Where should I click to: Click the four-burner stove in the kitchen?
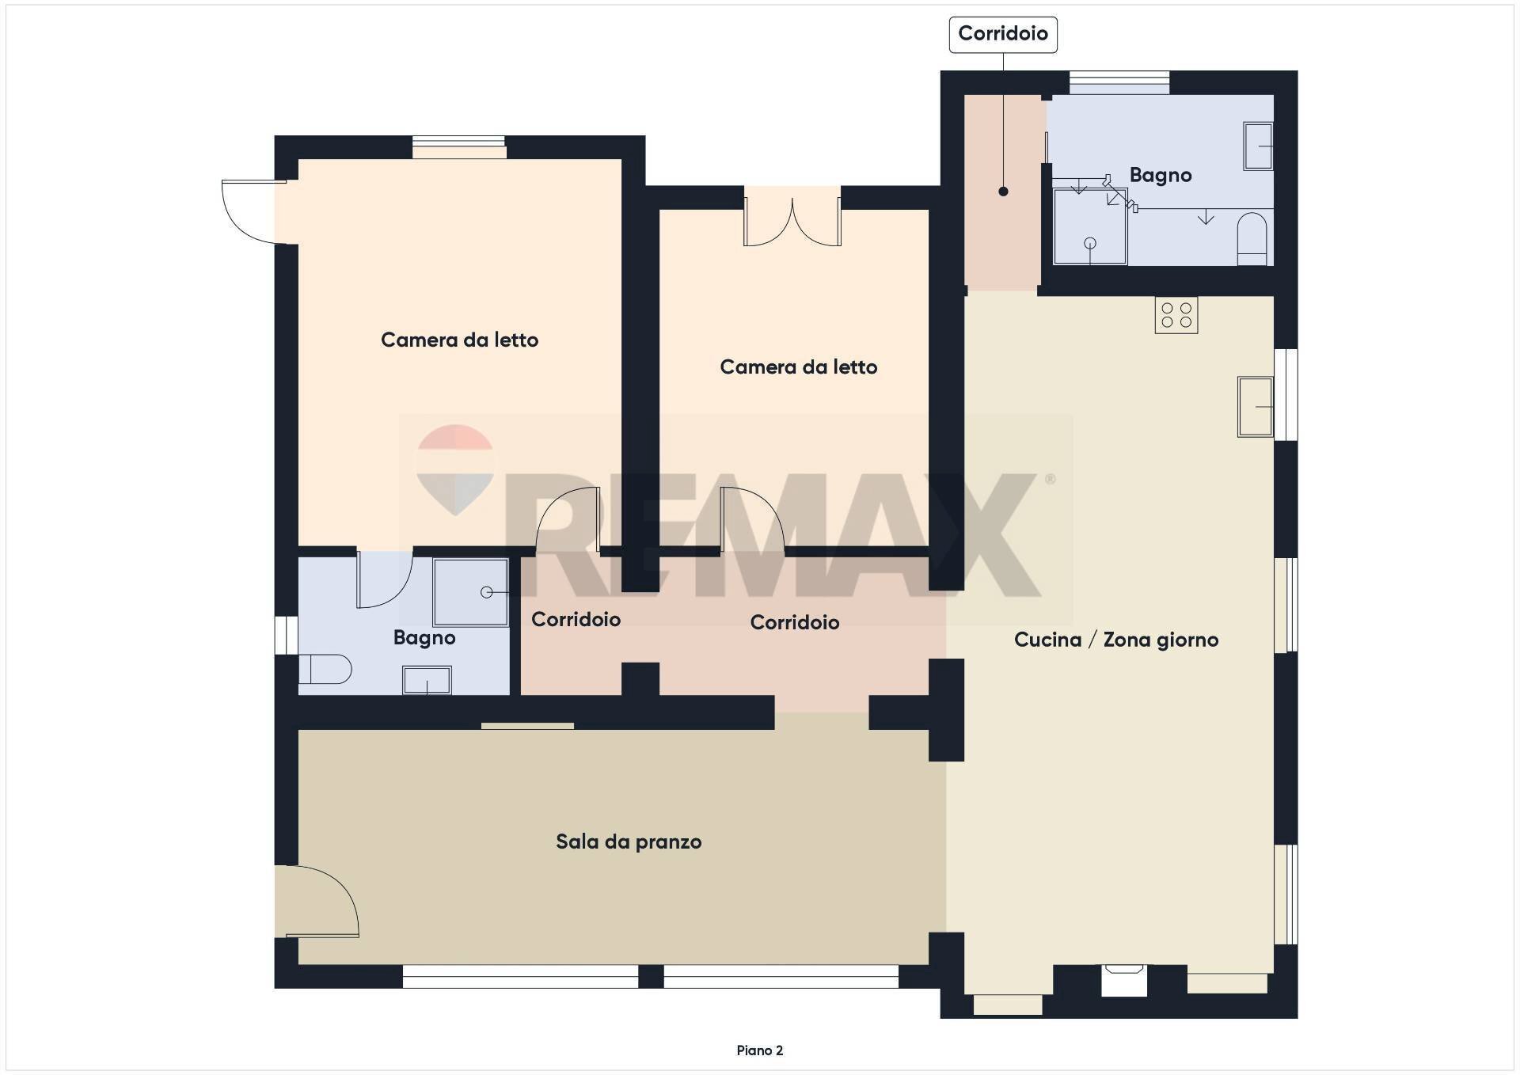pyautogui.click(x=1176, y=315)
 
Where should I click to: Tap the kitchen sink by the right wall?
pyautogui.click(x=1255, y=407)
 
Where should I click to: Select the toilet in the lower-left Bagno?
pyautogui.click(x=325, y=669)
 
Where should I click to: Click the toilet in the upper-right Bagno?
pyautogui.click(x=1252, y=237)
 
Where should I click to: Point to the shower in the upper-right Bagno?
pyautogui.click(x=1089, y=226)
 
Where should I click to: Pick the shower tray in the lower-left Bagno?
pyautogui.click(x=470, y=592)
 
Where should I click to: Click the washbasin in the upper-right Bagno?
pyautogui.click(x=1257, y=146)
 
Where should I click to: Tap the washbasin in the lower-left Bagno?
pyautogui.click(x=427, y=680)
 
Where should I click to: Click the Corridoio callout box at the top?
pyautogui.click(x=1003, y=34)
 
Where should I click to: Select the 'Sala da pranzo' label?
pyautogui.click(x=629, y=841)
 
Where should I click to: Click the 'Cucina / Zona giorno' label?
pyautogui.click(x=1116, y=640)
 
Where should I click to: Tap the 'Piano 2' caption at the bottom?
pyautogui.click(x=759, y=1050)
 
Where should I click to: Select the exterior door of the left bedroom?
pyautogui.click(x=252, y=211)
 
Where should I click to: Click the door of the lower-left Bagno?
pyautogui.click(x=384, y=579)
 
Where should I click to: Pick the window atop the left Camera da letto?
pyautogui.click(x=459, y=147)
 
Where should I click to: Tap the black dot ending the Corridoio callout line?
pyautogui.click(x=1003, y=192)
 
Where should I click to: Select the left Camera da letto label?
pyautogui.click(x=459, y=340)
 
